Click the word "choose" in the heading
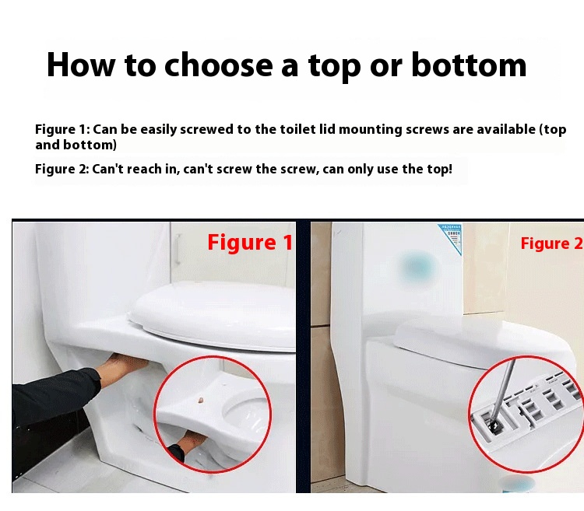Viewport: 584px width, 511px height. click(x=219, y=65)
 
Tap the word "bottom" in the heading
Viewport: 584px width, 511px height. click(x=469, y=65)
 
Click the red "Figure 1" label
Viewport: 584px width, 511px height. click(x=250, y=243)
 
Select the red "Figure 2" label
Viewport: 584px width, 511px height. click(x=551, y=243)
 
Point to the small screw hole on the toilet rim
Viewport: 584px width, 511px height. click(x=200, y=401)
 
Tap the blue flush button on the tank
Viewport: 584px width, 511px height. click(x=417, y=266)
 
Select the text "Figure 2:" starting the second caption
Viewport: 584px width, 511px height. click(x=62, y=170)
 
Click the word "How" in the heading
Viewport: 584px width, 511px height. click(x=81, y=65)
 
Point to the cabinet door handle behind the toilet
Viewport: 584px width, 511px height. click(x=178, y=249)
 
